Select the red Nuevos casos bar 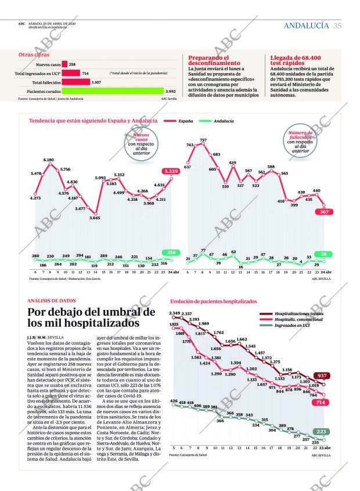click(64, 64)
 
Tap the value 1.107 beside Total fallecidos click(96, 82)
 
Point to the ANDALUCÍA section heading click(307, 26)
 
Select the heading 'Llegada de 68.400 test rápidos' click(296, 60)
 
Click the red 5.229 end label click(171, 171)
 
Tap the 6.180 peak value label click(49, 160)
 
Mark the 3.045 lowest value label click(94, 218)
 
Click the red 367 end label click(324, 212)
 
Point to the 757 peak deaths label click(203, 140)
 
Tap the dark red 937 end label click(321, 376)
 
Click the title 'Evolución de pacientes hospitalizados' click(213, 302)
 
